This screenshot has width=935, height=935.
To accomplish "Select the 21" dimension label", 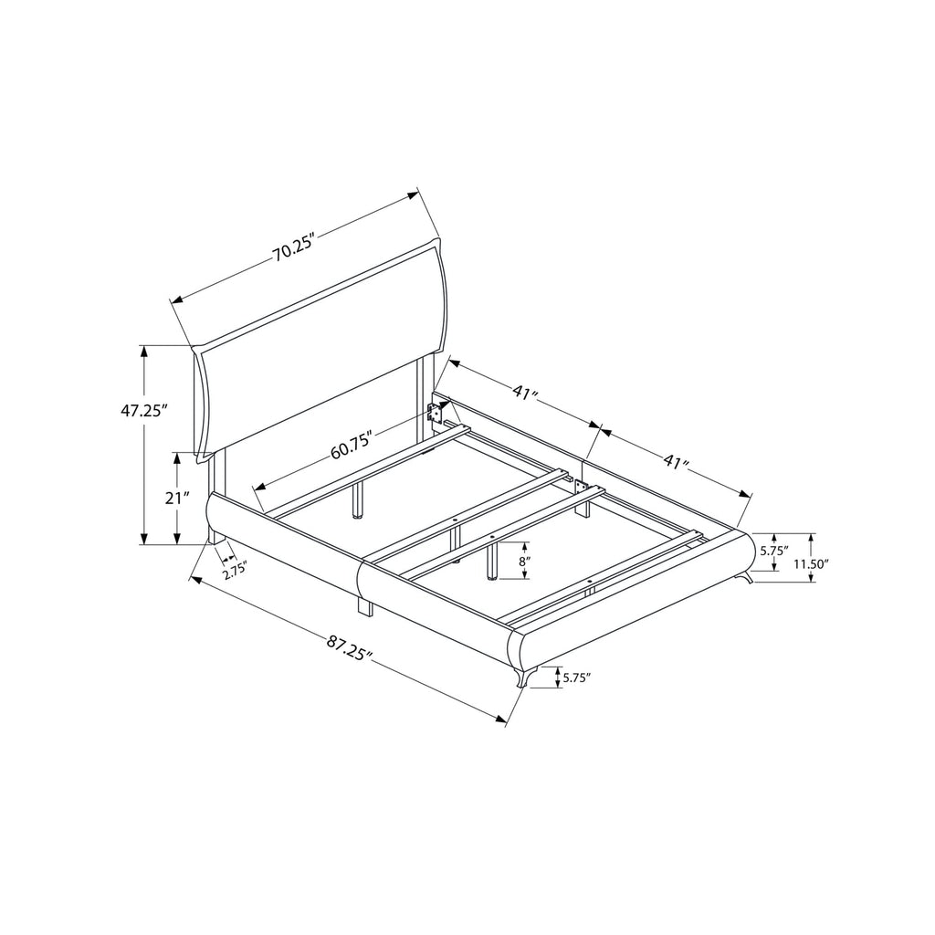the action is [178, 498].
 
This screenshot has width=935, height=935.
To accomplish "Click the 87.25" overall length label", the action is [350, 649].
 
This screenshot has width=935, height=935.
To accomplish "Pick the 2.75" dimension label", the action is [235, 574].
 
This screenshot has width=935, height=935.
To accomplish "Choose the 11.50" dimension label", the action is [811, 562].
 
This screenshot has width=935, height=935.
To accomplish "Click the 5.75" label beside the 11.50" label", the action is [774, 551].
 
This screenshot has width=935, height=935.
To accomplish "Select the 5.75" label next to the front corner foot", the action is [577, 678].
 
